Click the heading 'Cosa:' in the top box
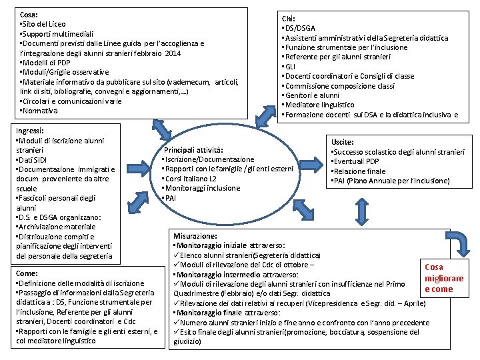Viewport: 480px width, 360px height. [x=30, y=13]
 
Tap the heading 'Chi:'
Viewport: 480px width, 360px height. [x=289, y=19]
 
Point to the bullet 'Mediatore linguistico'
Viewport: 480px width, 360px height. [x=318, y=105]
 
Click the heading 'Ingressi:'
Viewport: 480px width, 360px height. [x=29, y=131]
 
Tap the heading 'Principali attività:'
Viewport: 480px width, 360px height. [x=193, y=150]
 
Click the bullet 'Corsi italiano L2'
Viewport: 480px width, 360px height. [x=189, y=179]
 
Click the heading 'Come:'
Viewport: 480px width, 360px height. [x=27, y=273]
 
